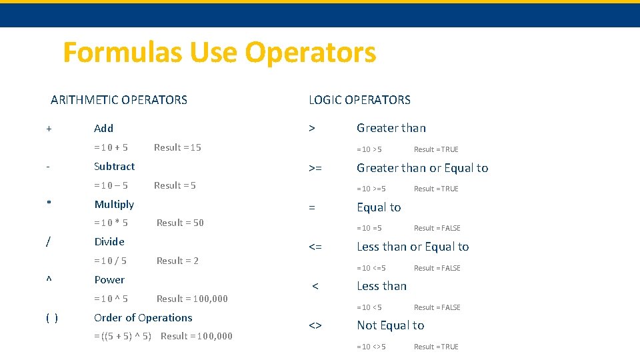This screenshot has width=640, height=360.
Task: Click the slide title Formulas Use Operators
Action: pyautogui.click(x=219, y=53)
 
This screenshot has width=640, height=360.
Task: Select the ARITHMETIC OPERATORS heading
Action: pyautogui.click(x=119, y=100)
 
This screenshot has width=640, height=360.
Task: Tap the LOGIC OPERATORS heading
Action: pyautogui.click(x=359, y=100)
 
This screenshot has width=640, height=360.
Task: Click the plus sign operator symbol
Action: pyautogui.click(x=49, y=128)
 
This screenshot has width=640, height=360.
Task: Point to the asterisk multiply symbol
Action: pyautogui.click(x=49, y=204)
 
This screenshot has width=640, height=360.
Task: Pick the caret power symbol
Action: pyautogui.click(x=48, y=280)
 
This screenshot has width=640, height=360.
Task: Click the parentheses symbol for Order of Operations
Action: pyautogui.click(x=51, y=318)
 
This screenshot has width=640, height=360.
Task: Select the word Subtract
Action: pyautogui.click(x=114, y=166)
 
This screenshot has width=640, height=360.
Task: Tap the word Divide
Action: pyautogui.click(x=109, y=241)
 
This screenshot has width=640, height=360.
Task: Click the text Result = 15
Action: pyautogui.click(x=177, y=147)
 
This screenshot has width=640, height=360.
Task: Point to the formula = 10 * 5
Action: pyautogui.click(x=111, y=223)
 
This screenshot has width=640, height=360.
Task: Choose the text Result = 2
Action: pyautogui.click(x=177, y=261)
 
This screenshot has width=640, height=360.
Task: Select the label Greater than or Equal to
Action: pyautogui.click(x=422, y=168)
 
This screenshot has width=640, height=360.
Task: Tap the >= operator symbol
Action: pyautogui.click(x=315, y=168)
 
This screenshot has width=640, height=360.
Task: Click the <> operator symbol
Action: pyautogui.click(x=315, y=325)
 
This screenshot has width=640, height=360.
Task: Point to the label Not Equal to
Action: pyautogui.click(x=390, y=325)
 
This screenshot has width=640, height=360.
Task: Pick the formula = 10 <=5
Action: pyautogui.click(x=371, y=268)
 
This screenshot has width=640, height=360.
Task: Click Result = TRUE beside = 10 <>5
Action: pyautogui.click(x=436, y=347)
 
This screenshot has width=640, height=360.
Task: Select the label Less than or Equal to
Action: pyautogui.click(x=413, y=247)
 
